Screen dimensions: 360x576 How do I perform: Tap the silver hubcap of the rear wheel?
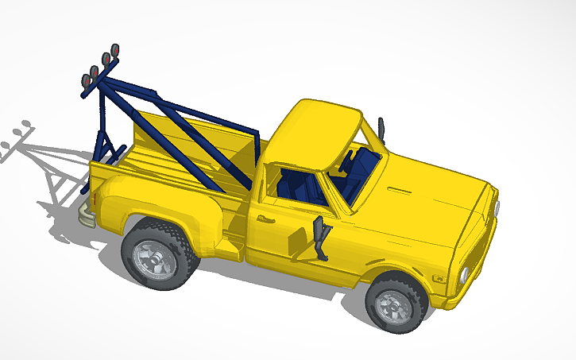click(152, 256)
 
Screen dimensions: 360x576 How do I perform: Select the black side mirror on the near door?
click(322, 238)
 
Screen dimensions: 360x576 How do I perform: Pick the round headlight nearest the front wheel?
click(463, 276)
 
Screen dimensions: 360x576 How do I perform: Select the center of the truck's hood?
click(429, 199)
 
